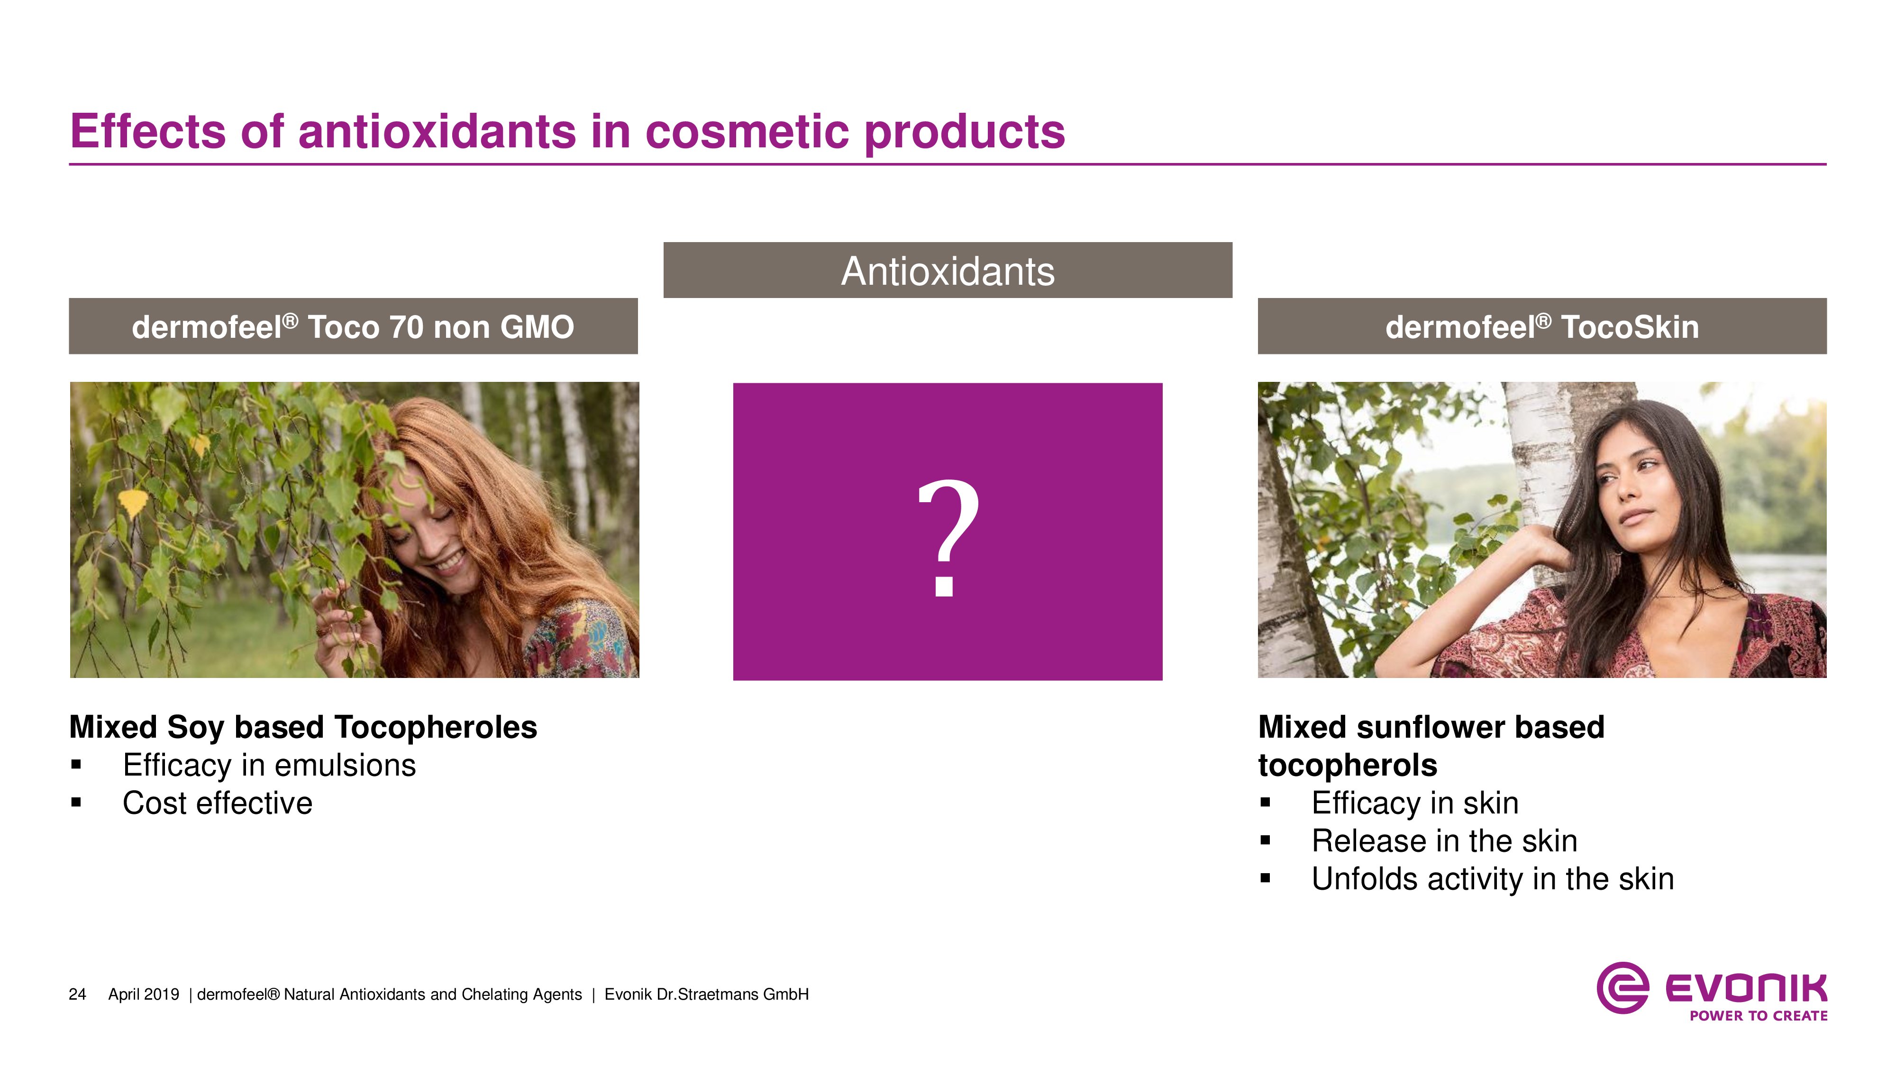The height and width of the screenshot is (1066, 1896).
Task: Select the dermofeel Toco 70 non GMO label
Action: point(353,326)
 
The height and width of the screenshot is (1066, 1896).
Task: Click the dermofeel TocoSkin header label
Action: point(1542,326)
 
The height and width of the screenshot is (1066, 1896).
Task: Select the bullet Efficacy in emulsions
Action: point(269,765)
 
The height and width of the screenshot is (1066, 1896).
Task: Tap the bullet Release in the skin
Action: point(1444,841)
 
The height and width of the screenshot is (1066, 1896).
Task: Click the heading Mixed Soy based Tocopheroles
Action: point(303,728)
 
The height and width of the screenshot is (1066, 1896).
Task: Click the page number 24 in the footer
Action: point(77,994)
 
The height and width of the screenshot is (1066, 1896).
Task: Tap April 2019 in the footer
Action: point(144,994)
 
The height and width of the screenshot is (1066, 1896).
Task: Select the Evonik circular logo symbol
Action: point(1622,987)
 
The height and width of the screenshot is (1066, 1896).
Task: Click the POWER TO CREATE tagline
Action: point(1759,1016)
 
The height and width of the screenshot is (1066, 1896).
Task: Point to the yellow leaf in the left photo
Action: point(133,503)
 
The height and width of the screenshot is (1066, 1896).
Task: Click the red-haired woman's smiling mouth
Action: point(449,564)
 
